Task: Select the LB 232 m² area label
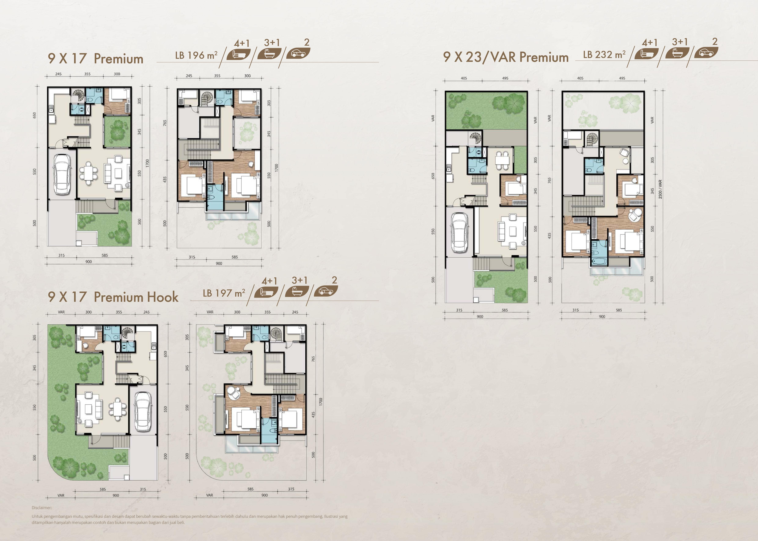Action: pos(604,54)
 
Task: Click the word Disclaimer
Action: pos(42,508)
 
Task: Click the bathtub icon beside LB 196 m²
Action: pos(269,53)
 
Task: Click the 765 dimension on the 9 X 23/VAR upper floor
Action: pos(549,180)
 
